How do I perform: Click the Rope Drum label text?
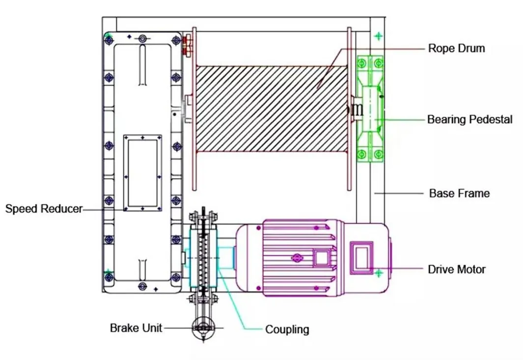tap(456, 48)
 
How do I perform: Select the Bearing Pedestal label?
tap(469, 119)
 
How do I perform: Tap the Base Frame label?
tap(459, 193)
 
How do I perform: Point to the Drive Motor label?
tap(456, 269)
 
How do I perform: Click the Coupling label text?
tap(287, 329)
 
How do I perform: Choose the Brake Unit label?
tap(136, 328)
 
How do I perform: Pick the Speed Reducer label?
tap(44, 209)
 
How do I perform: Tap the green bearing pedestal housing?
tap(370, 108)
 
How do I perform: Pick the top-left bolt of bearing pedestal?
tap(363, 63)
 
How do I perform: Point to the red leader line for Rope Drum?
tap(383, 48)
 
